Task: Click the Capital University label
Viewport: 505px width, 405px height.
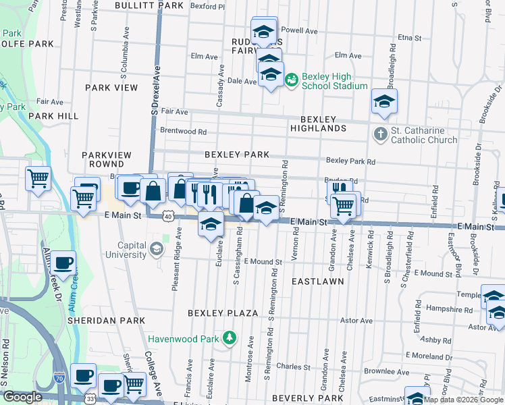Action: pyautogui.click(x=123, y=250)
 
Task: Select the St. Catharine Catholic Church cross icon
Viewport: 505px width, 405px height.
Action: pyautogui.click(x=380, y=134)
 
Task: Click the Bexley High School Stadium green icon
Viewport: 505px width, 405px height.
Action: pyautogui.click(x=292, y=80)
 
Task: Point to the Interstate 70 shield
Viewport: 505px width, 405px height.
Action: pyautogui.click(x=60, y=379)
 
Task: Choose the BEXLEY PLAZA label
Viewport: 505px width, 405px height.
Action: pyautogui.click(x=223, y=313)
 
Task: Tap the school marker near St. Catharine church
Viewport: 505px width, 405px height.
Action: pyautogui.click(x=384, y=102)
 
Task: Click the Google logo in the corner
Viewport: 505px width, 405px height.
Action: pyautogui.click(x=22, y=397)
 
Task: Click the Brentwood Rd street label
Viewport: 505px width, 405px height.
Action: pyautogui.click(x=182, y=131)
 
